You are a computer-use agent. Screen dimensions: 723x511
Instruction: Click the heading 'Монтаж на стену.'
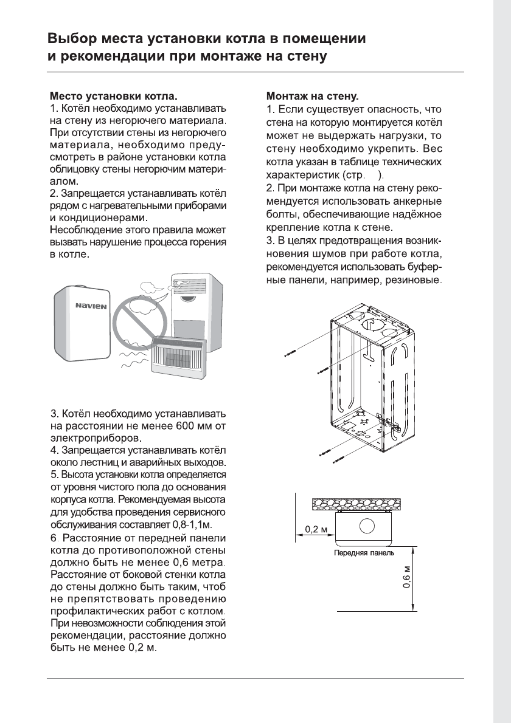coord(313,96)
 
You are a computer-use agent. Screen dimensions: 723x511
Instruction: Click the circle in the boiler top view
coord(367,527)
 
